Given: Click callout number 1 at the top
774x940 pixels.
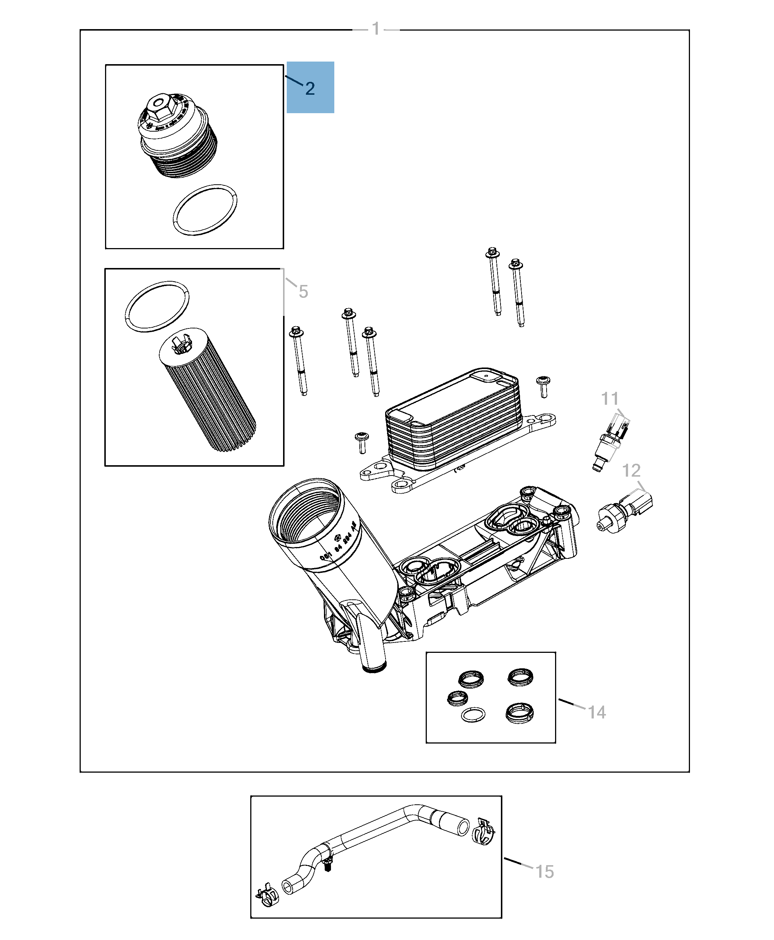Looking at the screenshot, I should (376, 29).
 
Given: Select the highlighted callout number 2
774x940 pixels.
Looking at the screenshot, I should (310, 88).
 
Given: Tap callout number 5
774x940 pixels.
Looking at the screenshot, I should (303, 292).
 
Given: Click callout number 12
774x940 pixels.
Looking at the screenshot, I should (631, 470).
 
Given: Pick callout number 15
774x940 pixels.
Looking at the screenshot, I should (544, 871).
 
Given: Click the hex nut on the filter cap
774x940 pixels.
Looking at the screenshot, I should (157, 107).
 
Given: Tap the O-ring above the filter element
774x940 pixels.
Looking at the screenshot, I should (157, 306).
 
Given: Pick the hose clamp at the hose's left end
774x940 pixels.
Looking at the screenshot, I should (268, 894).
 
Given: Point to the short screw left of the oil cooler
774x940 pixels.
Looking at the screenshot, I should (361, 442).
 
